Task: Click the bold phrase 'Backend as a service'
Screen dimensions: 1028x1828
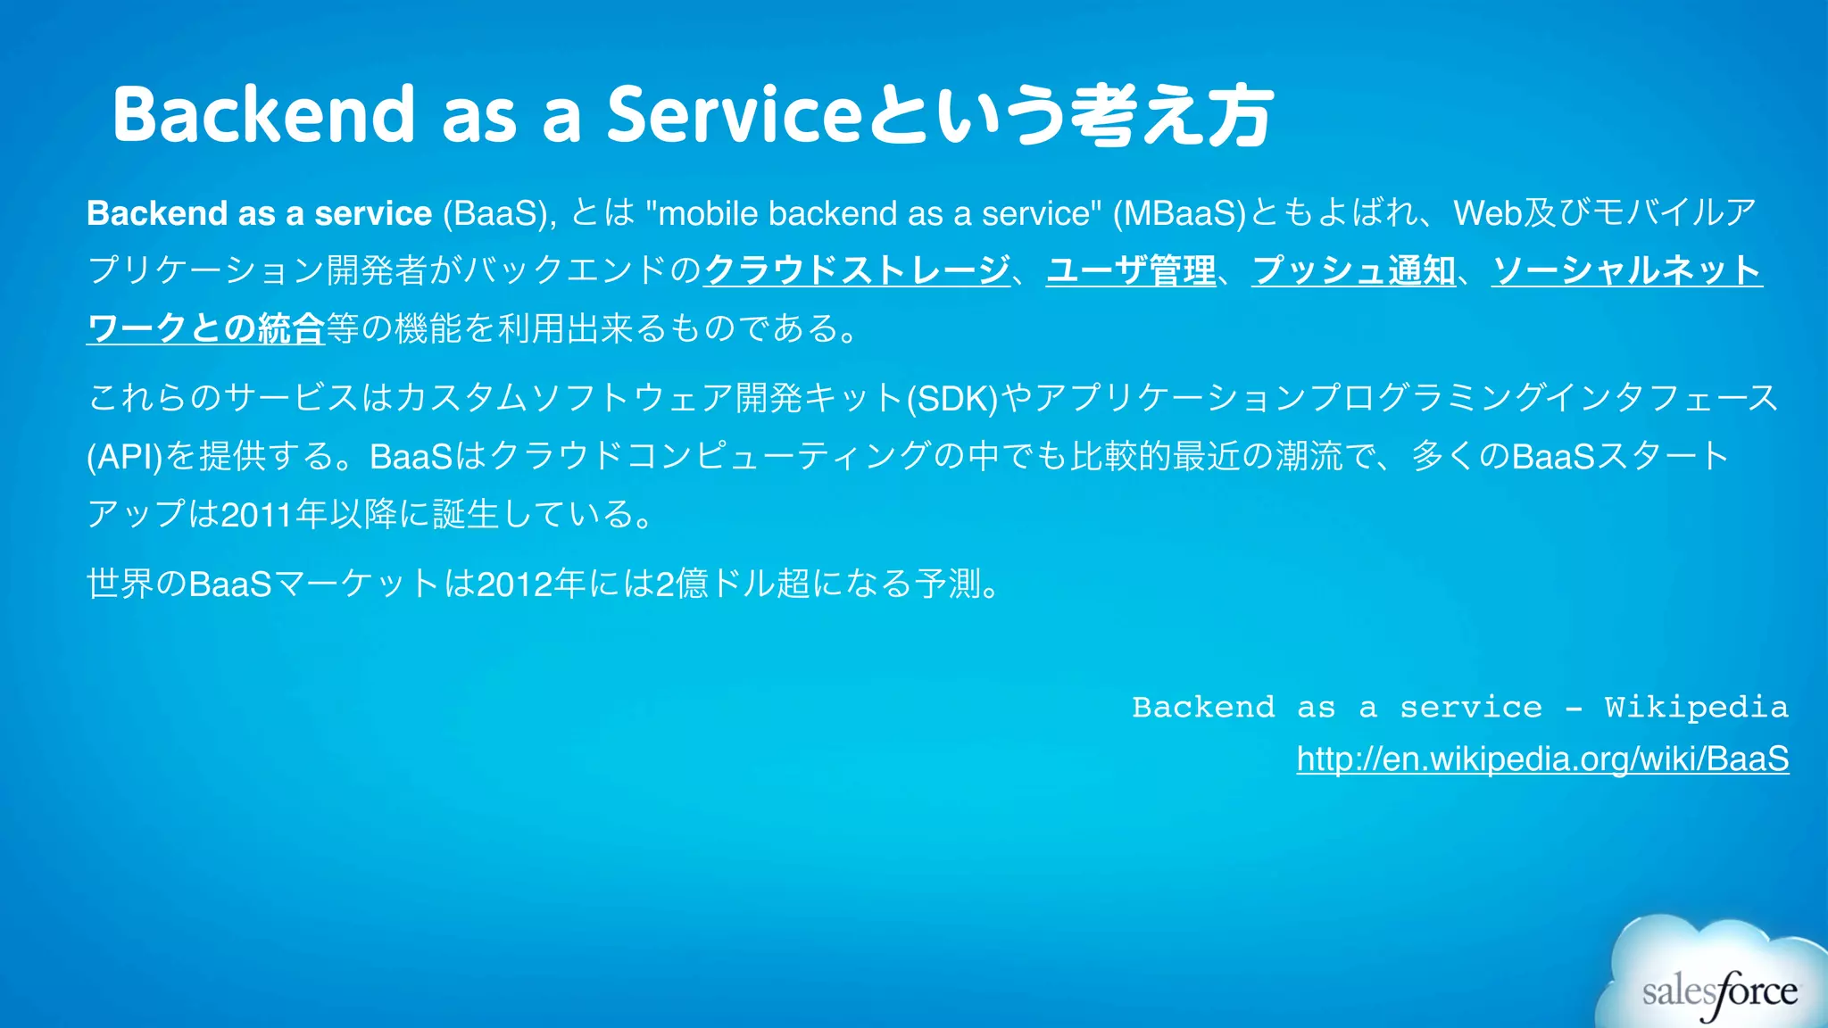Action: (x=259, y=213)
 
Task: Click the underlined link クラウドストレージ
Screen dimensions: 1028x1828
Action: (x=857, y=270)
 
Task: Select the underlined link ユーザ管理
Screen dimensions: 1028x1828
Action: (x=1131, y=270)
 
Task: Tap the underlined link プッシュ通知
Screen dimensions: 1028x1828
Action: (x=1353, y=270)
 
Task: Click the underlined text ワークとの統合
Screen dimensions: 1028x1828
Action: (x=205, y=328)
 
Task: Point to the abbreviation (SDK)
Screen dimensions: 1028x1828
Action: (x=951, y=399)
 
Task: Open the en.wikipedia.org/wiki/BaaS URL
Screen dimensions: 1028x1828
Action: (x=1542, y=759)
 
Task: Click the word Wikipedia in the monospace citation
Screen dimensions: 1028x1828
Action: (x=1696, y=708)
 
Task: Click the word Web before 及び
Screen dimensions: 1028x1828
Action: (x=1487, y=213)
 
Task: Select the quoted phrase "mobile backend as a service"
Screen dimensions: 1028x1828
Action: (x=875, y=213)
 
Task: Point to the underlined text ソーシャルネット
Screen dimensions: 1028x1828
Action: (x=1626, y=270)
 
